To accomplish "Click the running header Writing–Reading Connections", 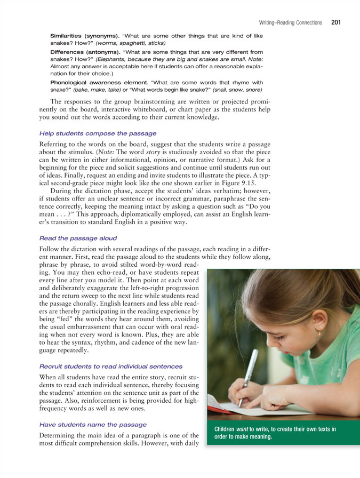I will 290,23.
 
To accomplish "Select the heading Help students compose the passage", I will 98,133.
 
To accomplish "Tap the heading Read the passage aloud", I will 78,238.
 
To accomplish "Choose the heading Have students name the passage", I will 93,424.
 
